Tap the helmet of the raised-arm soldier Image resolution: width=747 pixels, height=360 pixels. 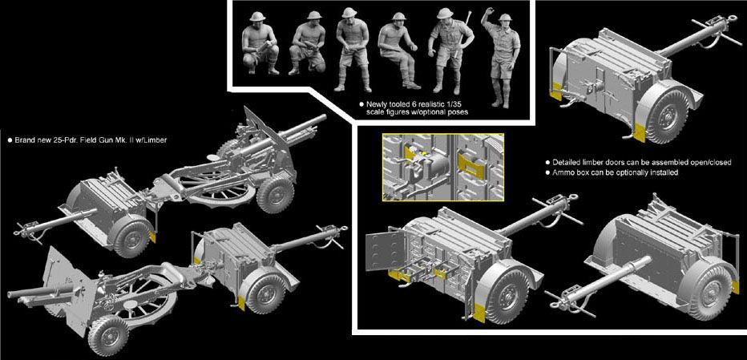coord(504,18)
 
